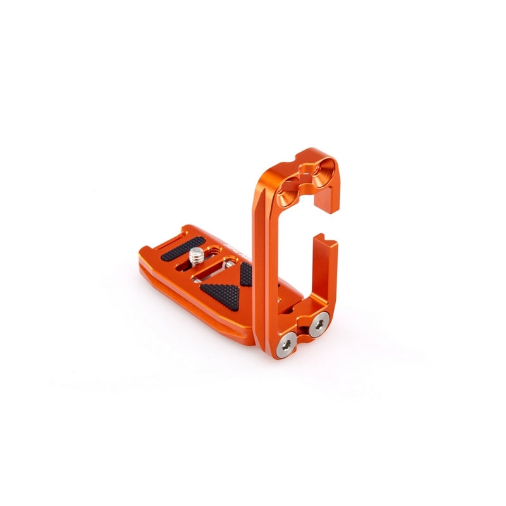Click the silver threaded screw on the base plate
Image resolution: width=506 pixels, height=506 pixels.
click(197, 256)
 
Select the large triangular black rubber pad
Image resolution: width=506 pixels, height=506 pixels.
click(222, 291)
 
